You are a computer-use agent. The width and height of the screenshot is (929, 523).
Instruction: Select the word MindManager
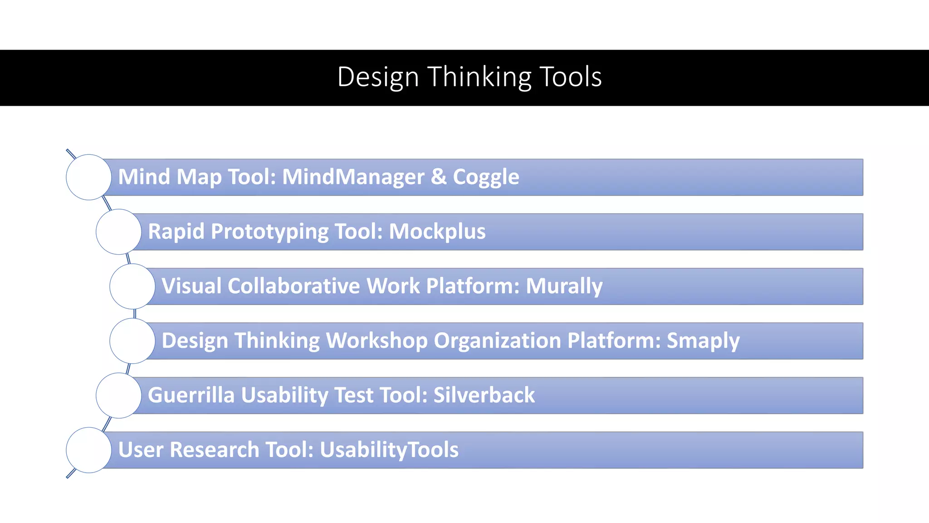tap(353, 177)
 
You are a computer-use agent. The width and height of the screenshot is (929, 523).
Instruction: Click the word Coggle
tap(486, 177)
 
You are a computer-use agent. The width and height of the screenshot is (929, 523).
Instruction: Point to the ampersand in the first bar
tap(439, 177)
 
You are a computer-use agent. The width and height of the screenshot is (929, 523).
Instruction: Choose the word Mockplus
tap(437, 232)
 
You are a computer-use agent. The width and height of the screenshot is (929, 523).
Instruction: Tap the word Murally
tap(564, 286)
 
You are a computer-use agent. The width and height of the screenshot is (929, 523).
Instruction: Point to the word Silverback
tap(484, 395)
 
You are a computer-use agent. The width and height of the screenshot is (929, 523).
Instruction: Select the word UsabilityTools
tap(389, 450)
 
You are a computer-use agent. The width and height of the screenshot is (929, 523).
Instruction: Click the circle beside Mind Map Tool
tap(88, 177)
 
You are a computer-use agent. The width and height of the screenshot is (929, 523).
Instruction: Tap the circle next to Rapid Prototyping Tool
tap(118, 232)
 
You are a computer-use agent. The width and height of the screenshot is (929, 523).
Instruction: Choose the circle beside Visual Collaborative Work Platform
tap(132, 286)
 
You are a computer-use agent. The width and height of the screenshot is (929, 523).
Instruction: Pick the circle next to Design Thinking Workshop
tap(132, 341)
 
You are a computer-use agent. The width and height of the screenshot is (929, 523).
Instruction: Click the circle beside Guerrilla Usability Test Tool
tap(118, 395)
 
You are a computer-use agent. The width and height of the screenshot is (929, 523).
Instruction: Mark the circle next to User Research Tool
tap(88, 450)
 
